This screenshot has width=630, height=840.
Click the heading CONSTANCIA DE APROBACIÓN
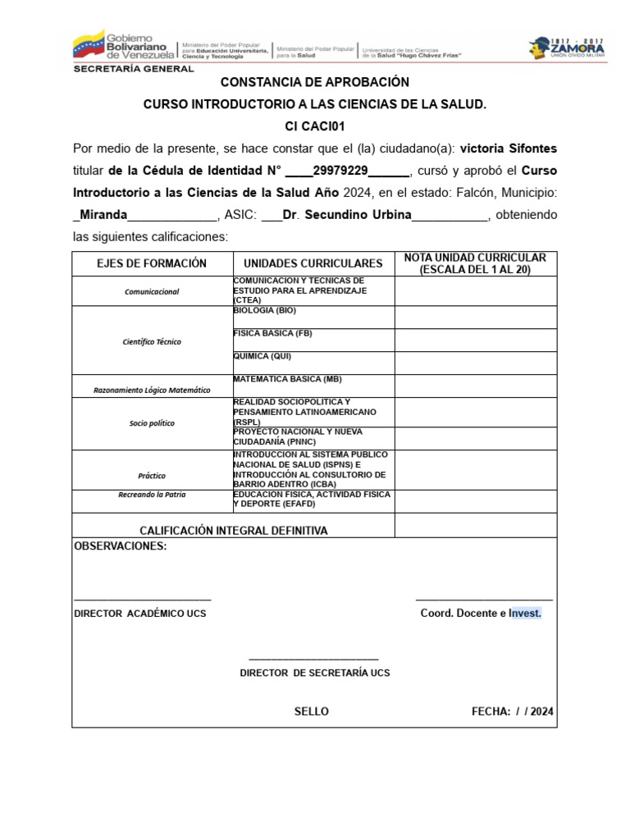tap(314, 83)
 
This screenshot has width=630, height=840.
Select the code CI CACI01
tap(314, 126)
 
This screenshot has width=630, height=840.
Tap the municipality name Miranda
tap(103, 215)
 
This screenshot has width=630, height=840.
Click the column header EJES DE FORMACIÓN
tap(152, 263)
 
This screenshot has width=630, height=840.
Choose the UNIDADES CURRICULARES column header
tap(313, 263)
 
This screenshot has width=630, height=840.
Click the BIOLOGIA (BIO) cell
tap(265, 312)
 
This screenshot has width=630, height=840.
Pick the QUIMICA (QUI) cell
tap(262, 357)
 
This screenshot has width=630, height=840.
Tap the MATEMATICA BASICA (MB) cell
tap(287, 379)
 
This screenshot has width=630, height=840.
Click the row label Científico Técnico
tap(152, 341)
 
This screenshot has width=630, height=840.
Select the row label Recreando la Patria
tap(152, 495)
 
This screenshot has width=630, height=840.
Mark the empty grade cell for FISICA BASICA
tap(475, 340)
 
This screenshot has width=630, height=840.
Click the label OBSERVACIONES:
tap(121, 546)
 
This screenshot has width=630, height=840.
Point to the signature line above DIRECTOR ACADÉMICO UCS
tap(143, 600)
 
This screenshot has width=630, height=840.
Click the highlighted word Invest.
tap(525, 614)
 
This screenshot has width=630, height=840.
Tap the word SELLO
tap(312, 711)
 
